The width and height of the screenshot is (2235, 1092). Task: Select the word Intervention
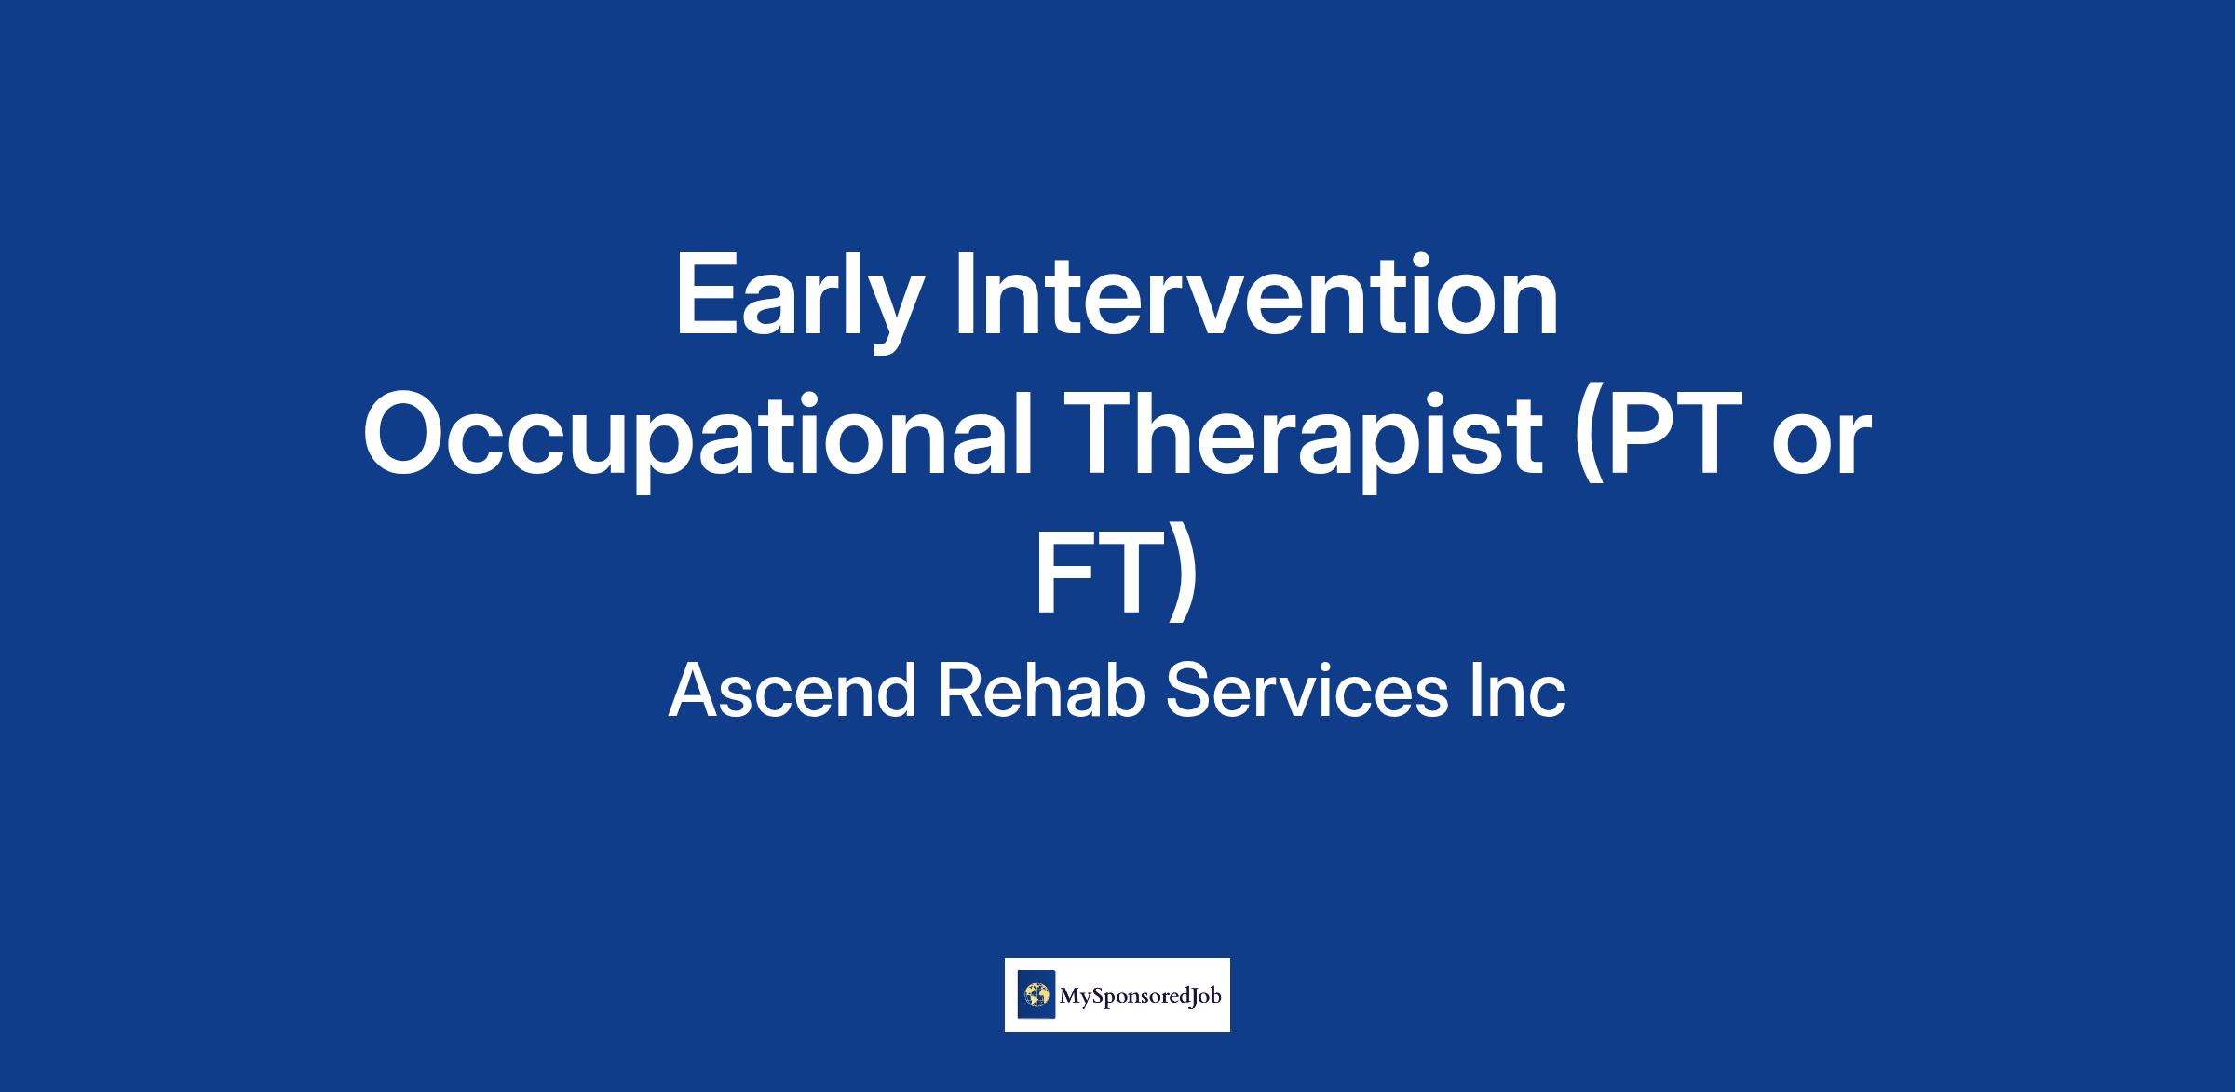(x=1256, y=294)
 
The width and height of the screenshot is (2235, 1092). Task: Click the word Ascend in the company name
(x=792, y=693)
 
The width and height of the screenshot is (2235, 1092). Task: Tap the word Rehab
(x=1040, y=693)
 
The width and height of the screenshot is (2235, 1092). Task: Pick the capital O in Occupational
(x=408, y=435)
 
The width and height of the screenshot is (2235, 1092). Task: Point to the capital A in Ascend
(x=697, y=691)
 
